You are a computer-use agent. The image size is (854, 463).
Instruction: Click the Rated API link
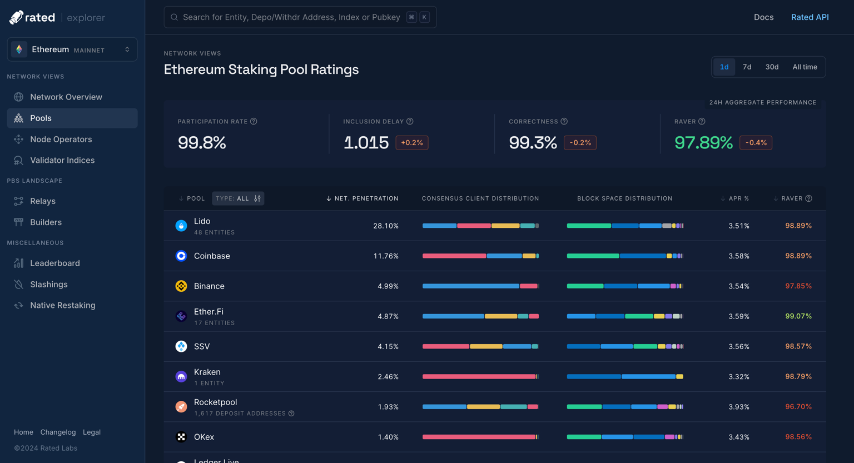(x=810, y=17)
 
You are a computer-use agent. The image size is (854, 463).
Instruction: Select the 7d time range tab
(x=747, y=67)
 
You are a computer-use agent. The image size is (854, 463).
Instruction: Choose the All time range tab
(x=805, y=67)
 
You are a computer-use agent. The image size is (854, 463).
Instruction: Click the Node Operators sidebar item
(x=61, y=139)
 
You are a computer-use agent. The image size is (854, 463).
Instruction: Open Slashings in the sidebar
(x=48, y=284)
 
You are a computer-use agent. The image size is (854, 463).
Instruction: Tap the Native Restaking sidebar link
(x=62, y=305)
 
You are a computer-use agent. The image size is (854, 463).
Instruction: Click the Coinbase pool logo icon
(x=181, y=256)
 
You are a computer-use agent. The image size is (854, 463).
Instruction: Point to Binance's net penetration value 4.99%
(x=388, y=286)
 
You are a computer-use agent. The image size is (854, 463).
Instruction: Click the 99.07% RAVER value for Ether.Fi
(x=798, y=316)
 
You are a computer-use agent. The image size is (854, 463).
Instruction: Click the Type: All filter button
(x=238, y=198)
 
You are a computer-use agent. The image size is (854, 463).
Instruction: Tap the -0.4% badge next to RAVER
(x=756, y=143)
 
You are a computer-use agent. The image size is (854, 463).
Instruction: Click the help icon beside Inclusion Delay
(x=410, y=121)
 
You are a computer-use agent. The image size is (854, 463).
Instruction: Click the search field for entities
(x=291, y=17)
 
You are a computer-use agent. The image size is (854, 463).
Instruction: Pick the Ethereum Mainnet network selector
(x=72, y=49)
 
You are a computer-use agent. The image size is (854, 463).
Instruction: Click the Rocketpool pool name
(x=215, y=402)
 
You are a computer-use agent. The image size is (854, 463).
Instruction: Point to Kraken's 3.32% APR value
(x=738, y=376)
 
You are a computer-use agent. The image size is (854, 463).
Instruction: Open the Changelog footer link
(x=58, y=432)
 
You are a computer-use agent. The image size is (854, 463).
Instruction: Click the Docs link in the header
(x=763, y=17)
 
